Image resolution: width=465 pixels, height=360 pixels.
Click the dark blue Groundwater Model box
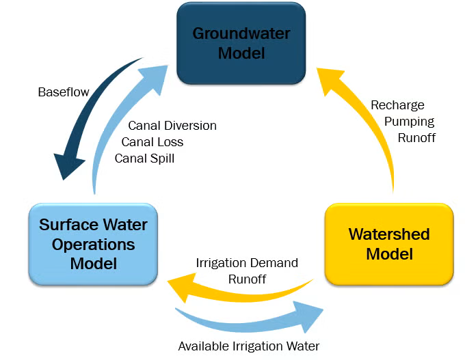(241, 43)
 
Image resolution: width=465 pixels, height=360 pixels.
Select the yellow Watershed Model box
(388, 244)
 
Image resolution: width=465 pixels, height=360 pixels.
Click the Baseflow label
(64, 92)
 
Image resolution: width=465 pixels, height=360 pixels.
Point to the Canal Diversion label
(172, 126)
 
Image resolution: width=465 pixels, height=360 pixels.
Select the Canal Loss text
(152, 142)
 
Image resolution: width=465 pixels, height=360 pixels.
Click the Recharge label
(397, 105)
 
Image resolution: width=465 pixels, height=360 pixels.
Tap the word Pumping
(410, 122)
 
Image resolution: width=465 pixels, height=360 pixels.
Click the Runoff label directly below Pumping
(417, 137)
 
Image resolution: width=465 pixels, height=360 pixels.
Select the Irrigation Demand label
(247, 263)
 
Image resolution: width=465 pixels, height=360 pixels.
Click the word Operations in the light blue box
(93, 244)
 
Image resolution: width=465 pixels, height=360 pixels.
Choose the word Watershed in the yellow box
(389, 234)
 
